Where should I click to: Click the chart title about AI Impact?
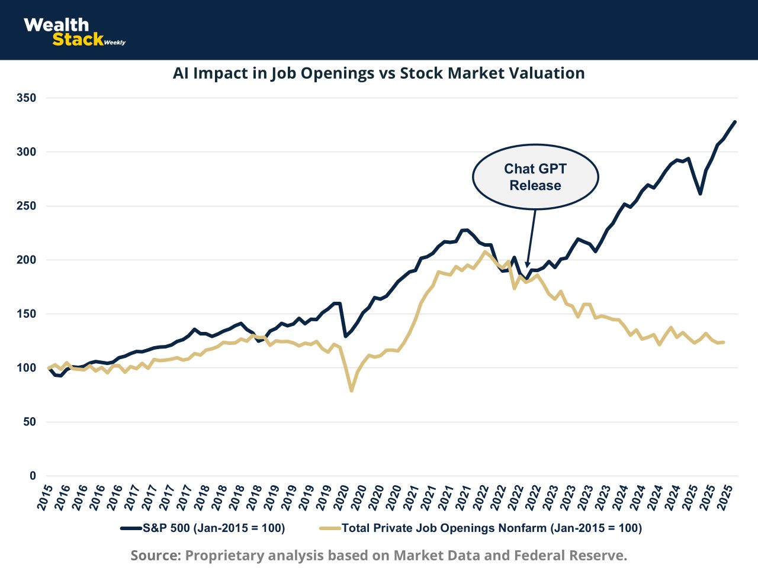pyautogui.click(x=378, y=73)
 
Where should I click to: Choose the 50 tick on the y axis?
pyautogui.click(x=30, y=422)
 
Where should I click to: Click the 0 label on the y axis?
pyautogui.click(x=33, y=476)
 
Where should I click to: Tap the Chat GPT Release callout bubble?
pyautogui.click(x=535, y=177)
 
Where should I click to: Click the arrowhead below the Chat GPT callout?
pyautogui.click(x=527, y=264)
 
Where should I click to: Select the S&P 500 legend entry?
pyautogui.click(x=203, y=528)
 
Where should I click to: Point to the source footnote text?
pyautogui.click(x=378, y=556)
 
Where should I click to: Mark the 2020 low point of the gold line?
pyautogui.click(x=351, y=390)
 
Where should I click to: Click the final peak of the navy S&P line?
pyautogui.click(x=734, y=122)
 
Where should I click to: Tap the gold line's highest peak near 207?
pyautogui.click(x=485, y=252)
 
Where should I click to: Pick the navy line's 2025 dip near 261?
pyautogui.click(x=700, y=193)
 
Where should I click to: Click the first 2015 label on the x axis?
pyautogui.click(x=45, y=497)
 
